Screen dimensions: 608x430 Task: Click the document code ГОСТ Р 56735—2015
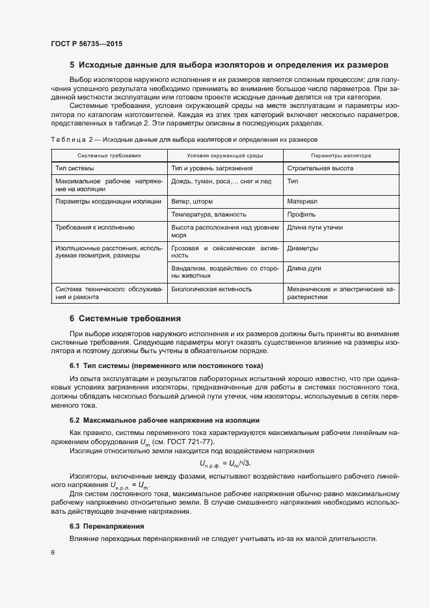86,44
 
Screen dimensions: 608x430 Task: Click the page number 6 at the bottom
53,552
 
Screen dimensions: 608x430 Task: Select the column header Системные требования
109,156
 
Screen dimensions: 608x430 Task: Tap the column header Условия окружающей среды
224,156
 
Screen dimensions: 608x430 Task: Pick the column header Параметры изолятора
341,156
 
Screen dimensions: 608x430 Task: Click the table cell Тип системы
75,168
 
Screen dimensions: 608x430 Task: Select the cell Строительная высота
320,168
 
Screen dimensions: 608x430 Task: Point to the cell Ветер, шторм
192,202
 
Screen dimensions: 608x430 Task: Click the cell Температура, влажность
208,214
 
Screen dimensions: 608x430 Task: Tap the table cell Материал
302,202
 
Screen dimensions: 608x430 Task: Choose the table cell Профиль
302,214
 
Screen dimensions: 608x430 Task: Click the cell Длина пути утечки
315,228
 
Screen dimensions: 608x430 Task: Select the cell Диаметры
303,248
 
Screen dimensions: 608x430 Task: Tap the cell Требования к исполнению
95,228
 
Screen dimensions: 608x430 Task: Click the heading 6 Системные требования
125,319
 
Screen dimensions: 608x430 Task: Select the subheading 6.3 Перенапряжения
107,525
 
